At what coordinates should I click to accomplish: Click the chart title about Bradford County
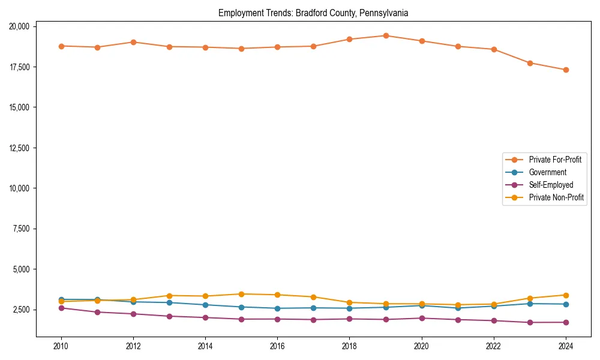313,13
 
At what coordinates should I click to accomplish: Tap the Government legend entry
547,172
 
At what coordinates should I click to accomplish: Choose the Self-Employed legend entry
551,185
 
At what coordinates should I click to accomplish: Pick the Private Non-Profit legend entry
556,197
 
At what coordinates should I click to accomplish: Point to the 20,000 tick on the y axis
22,26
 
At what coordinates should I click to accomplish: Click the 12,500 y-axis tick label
22,148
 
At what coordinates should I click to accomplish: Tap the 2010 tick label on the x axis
61,346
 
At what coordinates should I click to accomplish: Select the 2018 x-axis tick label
349,346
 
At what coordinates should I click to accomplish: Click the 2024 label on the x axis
566,346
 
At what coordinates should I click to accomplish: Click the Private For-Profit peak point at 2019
386,35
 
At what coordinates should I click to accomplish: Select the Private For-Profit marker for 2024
566,70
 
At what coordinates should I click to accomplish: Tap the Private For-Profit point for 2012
133,42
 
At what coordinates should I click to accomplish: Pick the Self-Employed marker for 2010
61,308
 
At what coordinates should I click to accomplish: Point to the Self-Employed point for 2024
566,322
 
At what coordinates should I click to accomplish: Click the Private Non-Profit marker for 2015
241,294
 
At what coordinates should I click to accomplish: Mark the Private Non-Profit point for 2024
566,295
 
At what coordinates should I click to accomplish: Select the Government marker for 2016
277,308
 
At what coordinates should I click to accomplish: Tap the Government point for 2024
566,304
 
